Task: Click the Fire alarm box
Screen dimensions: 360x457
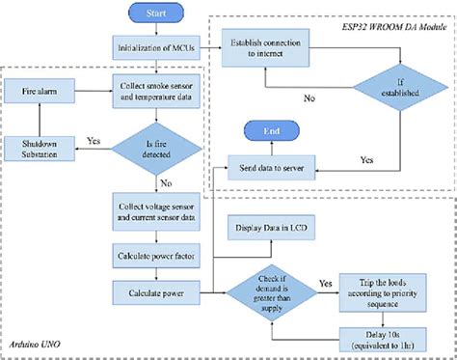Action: (x=40, y=94)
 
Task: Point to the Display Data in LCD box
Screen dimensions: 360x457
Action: (x=271, y=231)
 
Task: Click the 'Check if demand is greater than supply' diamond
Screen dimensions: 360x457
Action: (x=273, y=289)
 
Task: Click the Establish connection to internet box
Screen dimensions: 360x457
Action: (x=271, y=47)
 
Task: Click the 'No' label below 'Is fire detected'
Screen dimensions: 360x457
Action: (x=168, y=181)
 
